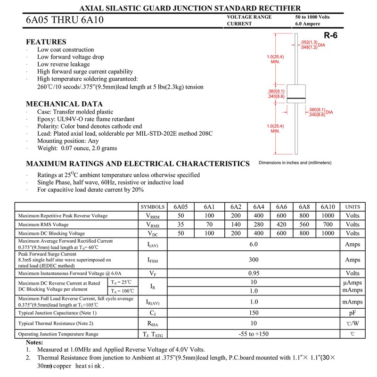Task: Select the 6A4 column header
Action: [x=258, y=207]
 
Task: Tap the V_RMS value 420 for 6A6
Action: [x=281, y=224]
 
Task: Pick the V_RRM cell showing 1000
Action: [x=328, y=215]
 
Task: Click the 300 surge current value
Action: [x=254, y=260]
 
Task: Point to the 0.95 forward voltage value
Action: [x=254, y=273]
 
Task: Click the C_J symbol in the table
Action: [x=153, y=312]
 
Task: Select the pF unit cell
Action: [x=352, y=312]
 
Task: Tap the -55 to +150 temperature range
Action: [x=254, y=334]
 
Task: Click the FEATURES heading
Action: [x=46, y=41]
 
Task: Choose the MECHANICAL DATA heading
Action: [x=64, y=104]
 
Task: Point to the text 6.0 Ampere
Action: [x=307, y=24]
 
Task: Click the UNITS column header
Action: [x=352, y=207]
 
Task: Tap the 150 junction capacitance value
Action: [x=254, y=312]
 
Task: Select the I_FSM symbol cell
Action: [x=153, y=260]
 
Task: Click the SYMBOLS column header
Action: [x=153, y=207]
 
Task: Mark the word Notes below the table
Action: [x=34, y=342]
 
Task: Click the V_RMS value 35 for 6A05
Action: [x=180, y=224]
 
